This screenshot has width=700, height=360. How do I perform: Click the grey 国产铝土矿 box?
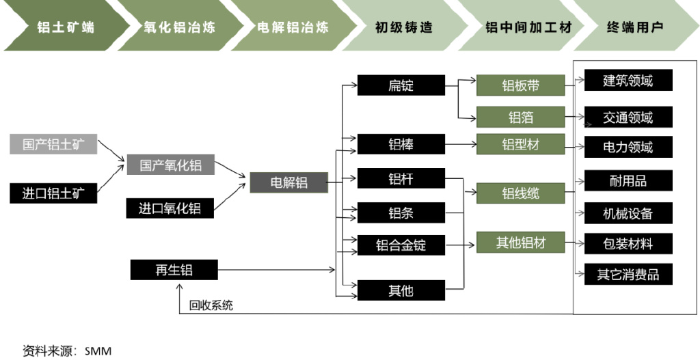pyautogui.click(x=53, y=145)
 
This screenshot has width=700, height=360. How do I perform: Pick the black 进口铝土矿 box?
pyautogui.click(x=53, y=193)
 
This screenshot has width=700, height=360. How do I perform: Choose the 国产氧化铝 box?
pyautogui.click(x=170, y=165)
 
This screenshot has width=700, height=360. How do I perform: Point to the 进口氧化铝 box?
pyautogui.click(x=170, y=208)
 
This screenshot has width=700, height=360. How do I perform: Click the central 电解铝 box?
pyautogui.click(x=288, y=182)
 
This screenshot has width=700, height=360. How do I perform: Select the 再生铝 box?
pyautogui.click(x=174, y=270)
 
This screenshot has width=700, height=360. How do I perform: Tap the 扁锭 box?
pyautogui.click(x=401, y=86)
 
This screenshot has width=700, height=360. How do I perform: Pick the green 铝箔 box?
pyautogui.click(x=520, y=117)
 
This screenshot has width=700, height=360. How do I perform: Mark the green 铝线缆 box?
pyautogui.click(x=520, y=193)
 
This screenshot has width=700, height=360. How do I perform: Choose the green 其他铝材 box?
pyautogui.click(x=520, y=243)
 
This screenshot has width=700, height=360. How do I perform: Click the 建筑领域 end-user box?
pyautogui.click(x=628, y=81)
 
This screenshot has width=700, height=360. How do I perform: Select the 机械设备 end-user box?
pyautogui.click(x=628, y=213)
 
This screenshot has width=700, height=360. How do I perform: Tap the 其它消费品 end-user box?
pyautogui.click(x=628, y=275)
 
